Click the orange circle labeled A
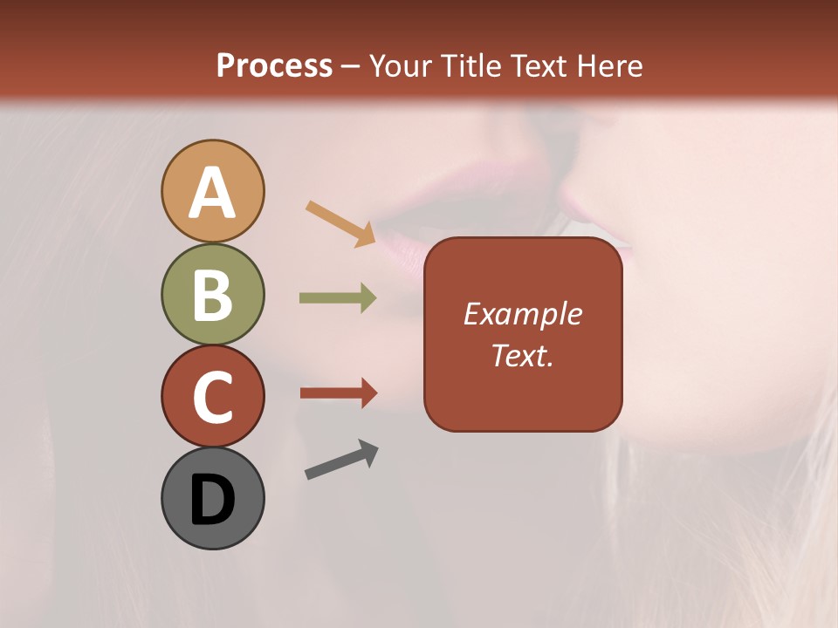212,191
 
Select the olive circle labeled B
212,294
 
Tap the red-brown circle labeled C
212,396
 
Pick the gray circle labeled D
212,498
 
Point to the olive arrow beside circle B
337,298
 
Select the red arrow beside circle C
338,393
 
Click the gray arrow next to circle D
341,461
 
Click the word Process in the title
274,65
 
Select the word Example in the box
522,314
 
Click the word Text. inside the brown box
522,356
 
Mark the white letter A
212,193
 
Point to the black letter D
212,501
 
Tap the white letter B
212,295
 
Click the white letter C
212,397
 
